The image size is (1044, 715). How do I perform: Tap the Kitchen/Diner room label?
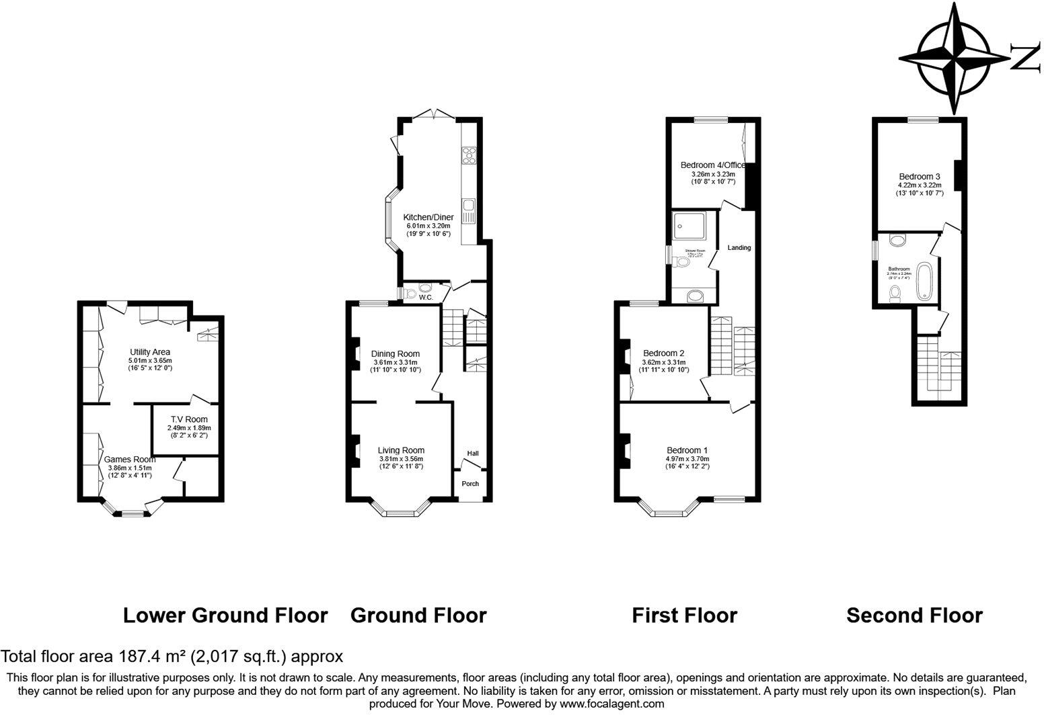click(428, 217)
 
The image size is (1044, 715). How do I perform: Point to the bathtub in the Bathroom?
click(926, 280)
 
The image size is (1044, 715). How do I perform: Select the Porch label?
click(470, 484)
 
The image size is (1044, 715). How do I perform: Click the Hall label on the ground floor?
click(473, 454)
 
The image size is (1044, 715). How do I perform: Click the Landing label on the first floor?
click(739, 248)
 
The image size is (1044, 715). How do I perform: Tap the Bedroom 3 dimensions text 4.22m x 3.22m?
click(919, 185)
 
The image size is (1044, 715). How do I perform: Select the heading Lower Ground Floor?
click(225, 615)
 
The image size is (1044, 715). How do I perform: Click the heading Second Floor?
click(914, 615)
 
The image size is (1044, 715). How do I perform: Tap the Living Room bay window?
click(401, 513)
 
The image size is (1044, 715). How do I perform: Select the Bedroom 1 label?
click(686, 450)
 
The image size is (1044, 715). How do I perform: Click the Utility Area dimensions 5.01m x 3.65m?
click(149, 361)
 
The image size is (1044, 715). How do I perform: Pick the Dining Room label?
click(395, 353)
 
